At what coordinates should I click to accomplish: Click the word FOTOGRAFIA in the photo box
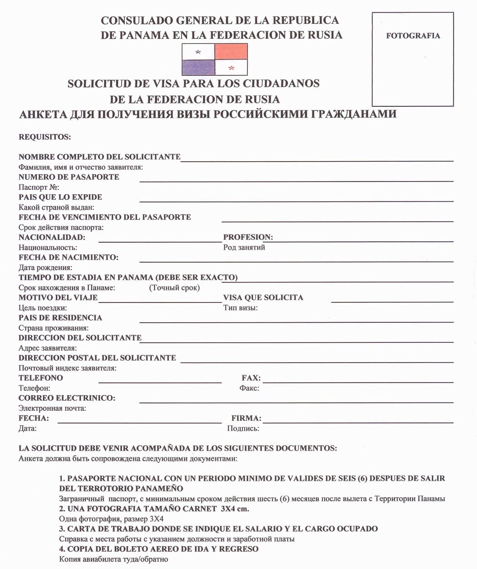(413, 35)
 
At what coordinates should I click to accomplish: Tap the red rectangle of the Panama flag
(231, 51)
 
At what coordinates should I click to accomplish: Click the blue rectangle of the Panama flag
(198, 67)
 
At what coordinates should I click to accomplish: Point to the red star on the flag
(231, 67)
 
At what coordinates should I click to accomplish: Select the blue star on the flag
(198, 51)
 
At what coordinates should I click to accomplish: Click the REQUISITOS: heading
(45, 137)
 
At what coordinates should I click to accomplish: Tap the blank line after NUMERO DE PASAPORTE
(296, 181)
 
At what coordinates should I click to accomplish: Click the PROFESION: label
(248, 237)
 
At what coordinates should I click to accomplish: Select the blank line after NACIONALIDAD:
(160, 241)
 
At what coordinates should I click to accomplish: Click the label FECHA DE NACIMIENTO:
(68, 257)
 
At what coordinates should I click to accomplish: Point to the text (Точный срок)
(174, 288)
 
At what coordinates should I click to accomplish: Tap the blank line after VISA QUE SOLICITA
(392, 301)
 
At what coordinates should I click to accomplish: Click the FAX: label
(251, 378)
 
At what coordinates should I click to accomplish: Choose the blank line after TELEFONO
(160, 382)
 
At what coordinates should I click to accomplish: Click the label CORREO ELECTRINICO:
(67, 398)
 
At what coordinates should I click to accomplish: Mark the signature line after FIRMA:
(358, 422)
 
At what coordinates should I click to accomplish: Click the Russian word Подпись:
(243, 429)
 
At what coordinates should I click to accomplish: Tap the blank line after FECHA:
(139, 422)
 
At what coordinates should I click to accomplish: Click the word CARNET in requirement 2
(185, 508)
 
